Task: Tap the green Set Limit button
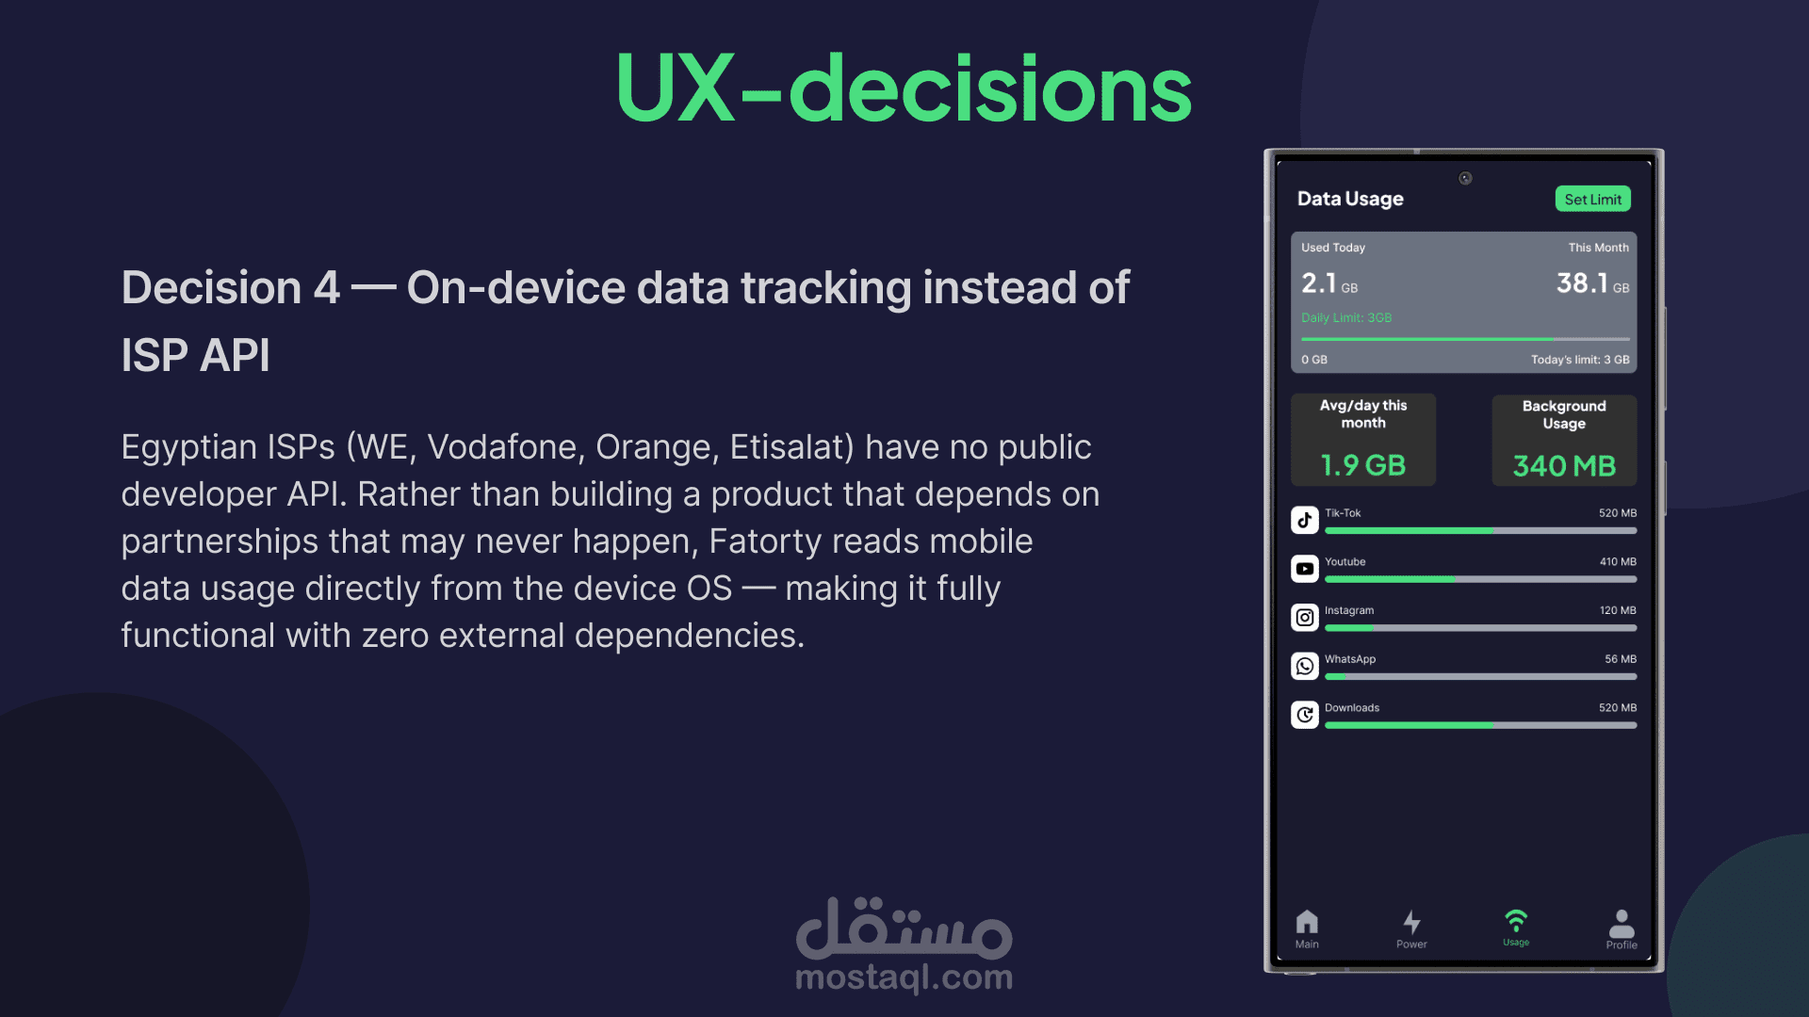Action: pos(1592,199)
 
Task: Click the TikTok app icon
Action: pos(1305,520)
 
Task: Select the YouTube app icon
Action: pos(1305,569)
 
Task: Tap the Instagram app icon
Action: pos(1305,618)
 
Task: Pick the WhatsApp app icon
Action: pos(1305,667)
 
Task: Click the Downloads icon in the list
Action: pos(1305,715)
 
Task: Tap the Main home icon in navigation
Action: pos(1307,921)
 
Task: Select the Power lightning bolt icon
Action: pos(1411,922)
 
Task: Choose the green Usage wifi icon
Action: pos(1516,920)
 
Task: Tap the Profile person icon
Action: pos(1622,923)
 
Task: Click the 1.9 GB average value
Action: pos(1362,465)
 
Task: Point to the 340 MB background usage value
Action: pos(1564,465)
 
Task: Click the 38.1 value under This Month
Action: pos(1582,283)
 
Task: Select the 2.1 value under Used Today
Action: pos(1319,283)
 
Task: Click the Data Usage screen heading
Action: pos(1350,199)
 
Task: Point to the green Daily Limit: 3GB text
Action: pos(1346,318)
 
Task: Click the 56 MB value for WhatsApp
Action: pos(1621,659)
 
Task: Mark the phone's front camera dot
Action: pos(1465,178)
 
